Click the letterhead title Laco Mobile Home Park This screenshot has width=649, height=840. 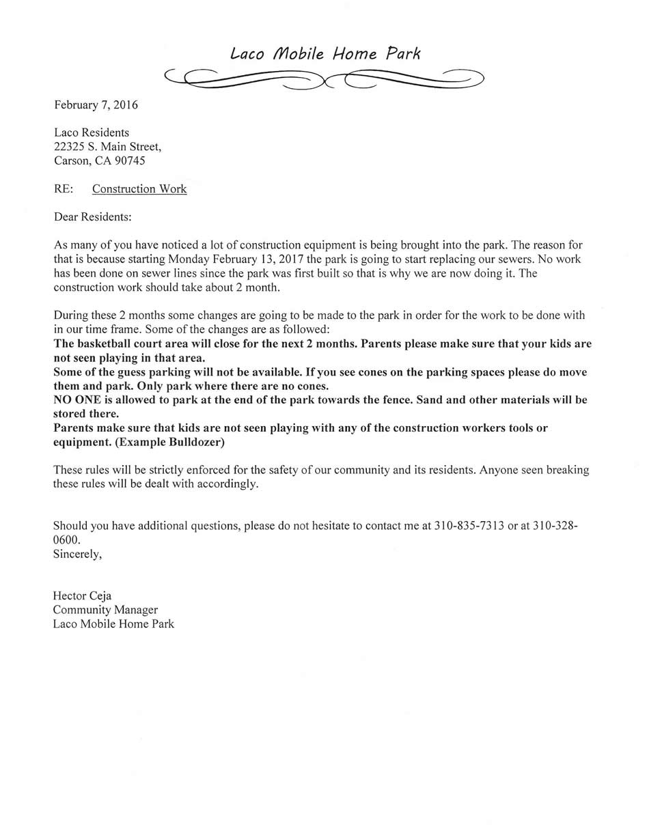(x=324, y=53)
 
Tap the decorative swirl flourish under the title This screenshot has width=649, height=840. (x=324, y=79)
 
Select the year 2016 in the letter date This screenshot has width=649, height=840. (x=126, y=105)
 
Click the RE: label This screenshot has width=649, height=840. (x=64, y=189)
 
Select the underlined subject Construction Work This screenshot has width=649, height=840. (x=139, y=189)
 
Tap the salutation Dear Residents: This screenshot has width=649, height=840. (x=92, y=217)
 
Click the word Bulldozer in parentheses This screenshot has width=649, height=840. (x=196, y=442)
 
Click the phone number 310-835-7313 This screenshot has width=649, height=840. (x=469, y=527)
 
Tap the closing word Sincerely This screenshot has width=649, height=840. (x=77, y=554)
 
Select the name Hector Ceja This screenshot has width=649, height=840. (x=82, y=596)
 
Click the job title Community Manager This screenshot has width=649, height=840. (x=105, y=610)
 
